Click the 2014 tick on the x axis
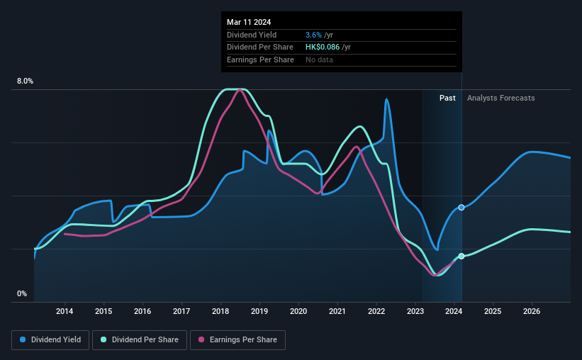tap(65, 311)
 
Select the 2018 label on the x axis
tap(220, 311)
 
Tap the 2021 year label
tap(337, 311)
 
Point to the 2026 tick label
tap(532, 311)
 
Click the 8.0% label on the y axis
tap(25, 81)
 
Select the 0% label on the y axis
tap(22, 293)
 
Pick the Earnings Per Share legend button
tap(238, 340)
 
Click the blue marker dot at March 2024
tap(461, 207)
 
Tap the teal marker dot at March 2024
tap(461, 256)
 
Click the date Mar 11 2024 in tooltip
tap(249, 22)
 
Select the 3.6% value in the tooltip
tap(313, 35)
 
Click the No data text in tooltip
tap(319, 60)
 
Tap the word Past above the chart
tap(447, 98)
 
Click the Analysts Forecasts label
tap(500, 98)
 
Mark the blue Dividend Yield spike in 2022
tap(386, 100)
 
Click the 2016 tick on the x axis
tap(142, 311)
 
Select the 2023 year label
tap(415, 311)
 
